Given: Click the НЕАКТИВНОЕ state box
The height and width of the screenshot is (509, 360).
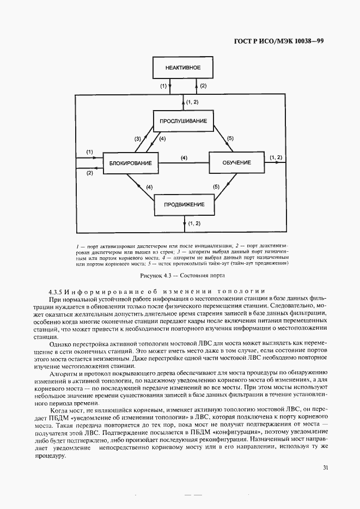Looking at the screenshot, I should (183, 68).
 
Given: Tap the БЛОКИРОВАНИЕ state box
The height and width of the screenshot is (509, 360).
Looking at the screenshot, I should (130, 163).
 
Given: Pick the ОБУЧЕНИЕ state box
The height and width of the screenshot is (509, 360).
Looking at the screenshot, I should (236, 163).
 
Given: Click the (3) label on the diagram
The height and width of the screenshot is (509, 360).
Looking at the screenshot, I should (138, 138).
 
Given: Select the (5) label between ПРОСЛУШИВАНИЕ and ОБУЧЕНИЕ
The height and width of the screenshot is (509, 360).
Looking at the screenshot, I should (230, 138).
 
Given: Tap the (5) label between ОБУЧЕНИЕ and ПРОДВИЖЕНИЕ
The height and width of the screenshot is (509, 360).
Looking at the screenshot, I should (216, 187).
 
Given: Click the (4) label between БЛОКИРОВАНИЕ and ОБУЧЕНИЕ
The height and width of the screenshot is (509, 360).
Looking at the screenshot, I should (184, 158).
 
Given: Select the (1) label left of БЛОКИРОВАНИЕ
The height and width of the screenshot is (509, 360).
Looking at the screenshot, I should (90, 152).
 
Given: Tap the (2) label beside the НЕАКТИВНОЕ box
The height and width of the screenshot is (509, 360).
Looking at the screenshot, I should (203, 86).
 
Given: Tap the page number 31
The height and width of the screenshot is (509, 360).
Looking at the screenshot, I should (325, 467).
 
